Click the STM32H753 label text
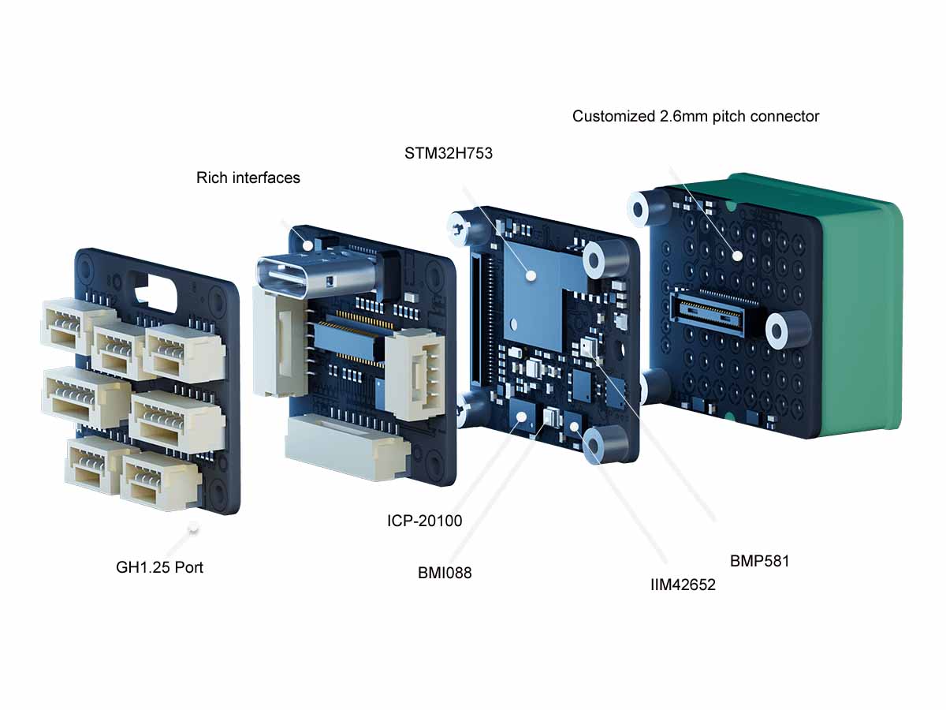(449, 154)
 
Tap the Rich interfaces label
(248, 178)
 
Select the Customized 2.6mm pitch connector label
(695, 117)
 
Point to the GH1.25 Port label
(159, 567)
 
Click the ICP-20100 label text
(424, 521)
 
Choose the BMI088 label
(445, 574)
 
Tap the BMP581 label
(759, 562)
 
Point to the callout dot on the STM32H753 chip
(531, 275)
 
